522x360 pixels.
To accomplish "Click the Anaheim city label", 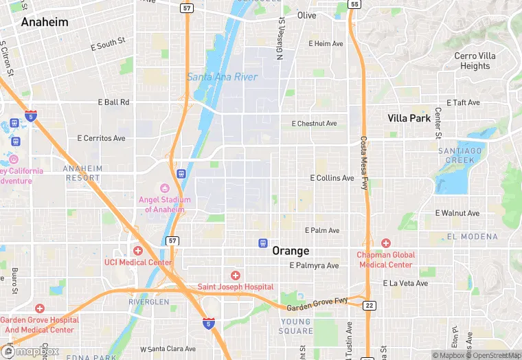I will tap(45, 22).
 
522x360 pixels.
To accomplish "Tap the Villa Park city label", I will tap(409, 118).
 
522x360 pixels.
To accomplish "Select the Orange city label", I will tap(291, 251).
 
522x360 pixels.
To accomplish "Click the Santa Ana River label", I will tap(222, 77).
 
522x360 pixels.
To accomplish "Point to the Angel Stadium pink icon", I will tap(164, 188).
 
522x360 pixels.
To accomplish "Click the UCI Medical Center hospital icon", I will tap(138, 251).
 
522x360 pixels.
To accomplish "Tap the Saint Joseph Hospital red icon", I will tap(236, 275).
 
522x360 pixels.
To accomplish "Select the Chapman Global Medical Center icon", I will tap(386, 243).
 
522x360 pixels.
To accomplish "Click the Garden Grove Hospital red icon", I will tap(40, 309).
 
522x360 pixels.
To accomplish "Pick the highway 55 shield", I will tap(354, 4).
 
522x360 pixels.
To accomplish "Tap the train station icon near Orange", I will tap(262, 243).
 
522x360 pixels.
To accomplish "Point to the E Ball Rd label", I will tap(114, 102).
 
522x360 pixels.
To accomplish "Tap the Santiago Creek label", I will tap(456, 155).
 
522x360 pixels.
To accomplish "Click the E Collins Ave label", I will tap(332, 178).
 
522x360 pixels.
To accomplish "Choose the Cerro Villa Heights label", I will tap(475, 61).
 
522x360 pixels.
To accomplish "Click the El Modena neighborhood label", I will tap(472, 236).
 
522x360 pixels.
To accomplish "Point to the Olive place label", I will tap(307, 15).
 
